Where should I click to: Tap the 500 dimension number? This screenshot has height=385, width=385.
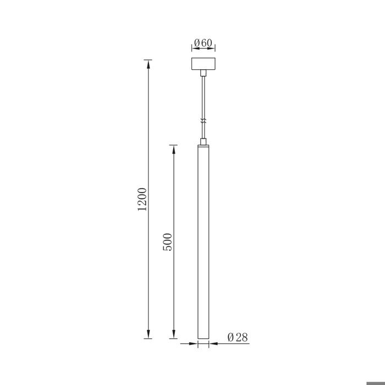pyautogui.click(x=169, y=242)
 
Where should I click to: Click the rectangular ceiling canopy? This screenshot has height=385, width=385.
pyautogui.click(x=204, y=64)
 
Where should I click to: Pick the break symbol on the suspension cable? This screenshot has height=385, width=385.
pyautogui.click(x=204, y=120)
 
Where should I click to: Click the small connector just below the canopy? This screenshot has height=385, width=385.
pyautogui.click(x=204, y=73)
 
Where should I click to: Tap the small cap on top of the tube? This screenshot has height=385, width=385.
pyautogui.click(x=204, y=142)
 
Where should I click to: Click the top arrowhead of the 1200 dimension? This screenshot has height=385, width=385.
pyautogui.click(x=148, y=64)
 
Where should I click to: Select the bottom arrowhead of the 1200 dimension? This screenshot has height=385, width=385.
pyautogui.click(x=148, y=334)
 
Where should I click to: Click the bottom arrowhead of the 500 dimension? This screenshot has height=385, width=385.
pyautogui.click(x=174, y=334)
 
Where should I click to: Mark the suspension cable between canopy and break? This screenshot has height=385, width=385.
pyautogui.click(x=204, y=96)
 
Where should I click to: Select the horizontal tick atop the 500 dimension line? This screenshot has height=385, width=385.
pyautogui.click(x=174, y=145)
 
